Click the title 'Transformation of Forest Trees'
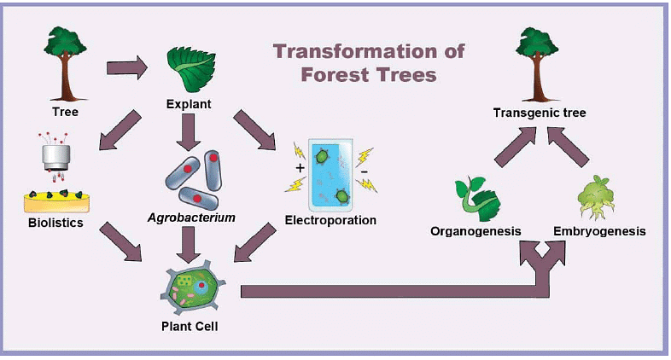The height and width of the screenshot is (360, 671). (369, 62)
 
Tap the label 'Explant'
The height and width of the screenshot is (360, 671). (188, 105)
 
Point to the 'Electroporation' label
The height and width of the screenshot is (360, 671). (330, 220)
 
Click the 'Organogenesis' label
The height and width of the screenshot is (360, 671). (476, 231)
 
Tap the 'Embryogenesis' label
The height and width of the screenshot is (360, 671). (598, 231)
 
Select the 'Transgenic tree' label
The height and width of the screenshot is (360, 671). (540, 112)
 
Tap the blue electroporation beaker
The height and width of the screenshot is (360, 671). (331, 176)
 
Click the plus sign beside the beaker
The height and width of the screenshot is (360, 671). (300, 168)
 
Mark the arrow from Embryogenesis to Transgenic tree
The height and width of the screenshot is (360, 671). (570, 146)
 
